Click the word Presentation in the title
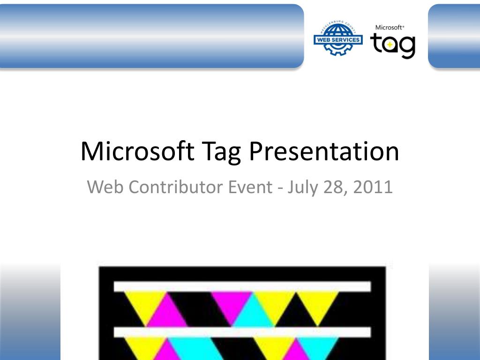pyautogui.click(x=323, y=151)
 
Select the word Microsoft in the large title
pyautogui.click(x=137, y=151)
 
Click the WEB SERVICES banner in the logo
pyautogui.click(x=337, y=40)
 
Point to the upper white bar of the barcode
pyautogui.click(x=242, y=286)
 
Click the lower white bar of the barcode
pyautogui.click(x=242, y=332)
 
